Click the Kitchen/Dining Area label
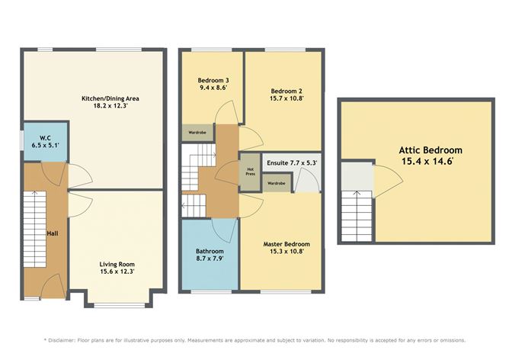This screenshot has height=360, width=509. (110, 98)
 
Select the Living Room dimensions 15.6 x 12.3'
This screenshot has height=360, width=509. (117, 272)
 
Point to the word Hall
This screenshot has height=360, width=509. (51, 233)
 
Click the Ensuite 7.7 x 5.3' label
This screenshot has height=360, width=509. (291, 162)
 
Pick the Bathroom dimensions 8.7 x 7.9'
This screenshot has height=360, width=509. (210, 259)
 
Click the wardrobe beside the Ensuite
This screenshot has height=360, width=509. (277, 183)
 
